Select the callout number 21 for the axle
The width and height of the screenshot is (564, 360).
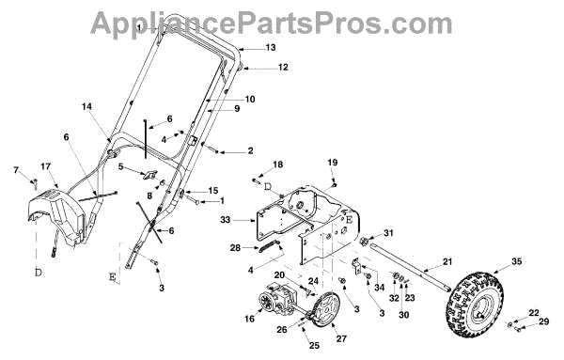[446, 262]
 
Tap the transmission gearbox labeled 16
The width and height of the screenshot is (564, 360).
[278, 299]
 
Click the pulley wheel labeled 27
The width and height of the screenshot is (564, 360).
[326, 309]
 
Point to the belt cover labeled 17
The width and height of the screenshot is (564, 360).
[57, 216]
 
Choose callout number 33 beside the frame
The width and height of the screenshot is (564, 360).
[226, 219]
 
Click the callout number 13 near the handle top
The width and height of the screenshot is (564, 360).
[270, 47]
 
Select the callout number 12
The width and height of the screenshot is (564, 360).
[283, 68]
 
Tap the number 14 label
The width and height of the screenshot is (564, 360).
[86, 107]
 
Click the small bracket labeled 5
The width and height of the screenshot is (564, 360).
[148, 175]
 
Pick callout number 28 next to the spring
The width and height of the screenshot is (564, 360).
[235, 248]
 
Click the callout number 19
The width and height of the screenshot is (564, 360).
[333, 163]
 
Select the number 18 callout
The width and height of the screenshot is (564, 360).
[277, 164]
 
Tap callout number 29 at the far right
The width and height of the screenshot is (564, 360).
[544, 321]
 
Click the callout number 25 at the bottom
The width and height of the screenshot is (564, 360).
[314, 346]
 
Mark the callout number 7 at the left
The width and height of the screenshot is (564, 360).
[15, 170]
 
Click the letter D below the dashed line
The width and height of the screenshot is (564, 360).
[39, 273]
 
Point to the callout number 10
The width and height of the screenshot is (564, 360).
[250, 99]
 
